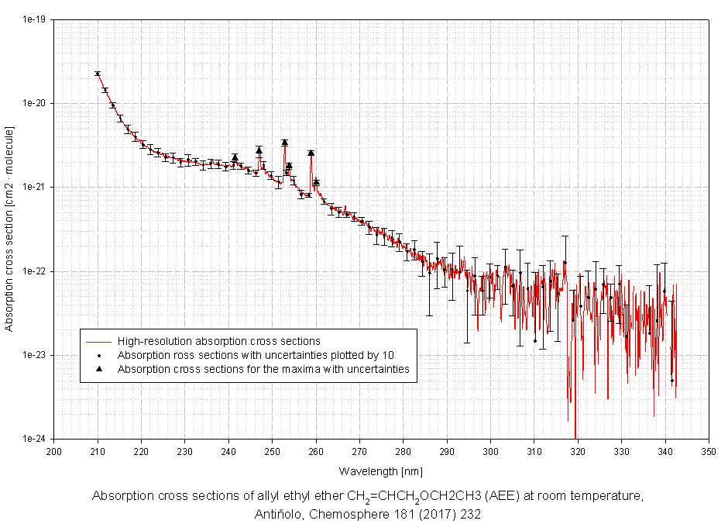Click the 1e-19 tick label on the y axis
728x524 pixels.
35,20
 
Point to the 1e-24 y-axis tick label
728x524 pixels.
35,439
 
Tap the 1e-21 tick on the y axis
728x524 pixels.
35,188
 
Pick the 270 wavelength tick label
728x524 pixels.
359,450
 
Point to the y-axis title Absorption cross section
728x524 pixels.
9,230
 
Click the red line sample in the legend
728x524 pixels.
99,341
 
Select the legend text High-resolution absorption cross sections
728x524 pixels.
219,341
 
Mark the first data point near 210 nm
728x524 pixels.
98,74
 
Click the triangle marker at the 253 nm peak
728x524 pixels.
285,143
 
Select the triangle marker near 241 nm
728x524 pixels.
235,157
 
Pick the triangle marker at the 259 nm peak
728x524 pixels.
311,153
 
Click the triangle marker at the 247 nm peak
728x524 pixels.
259,150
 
